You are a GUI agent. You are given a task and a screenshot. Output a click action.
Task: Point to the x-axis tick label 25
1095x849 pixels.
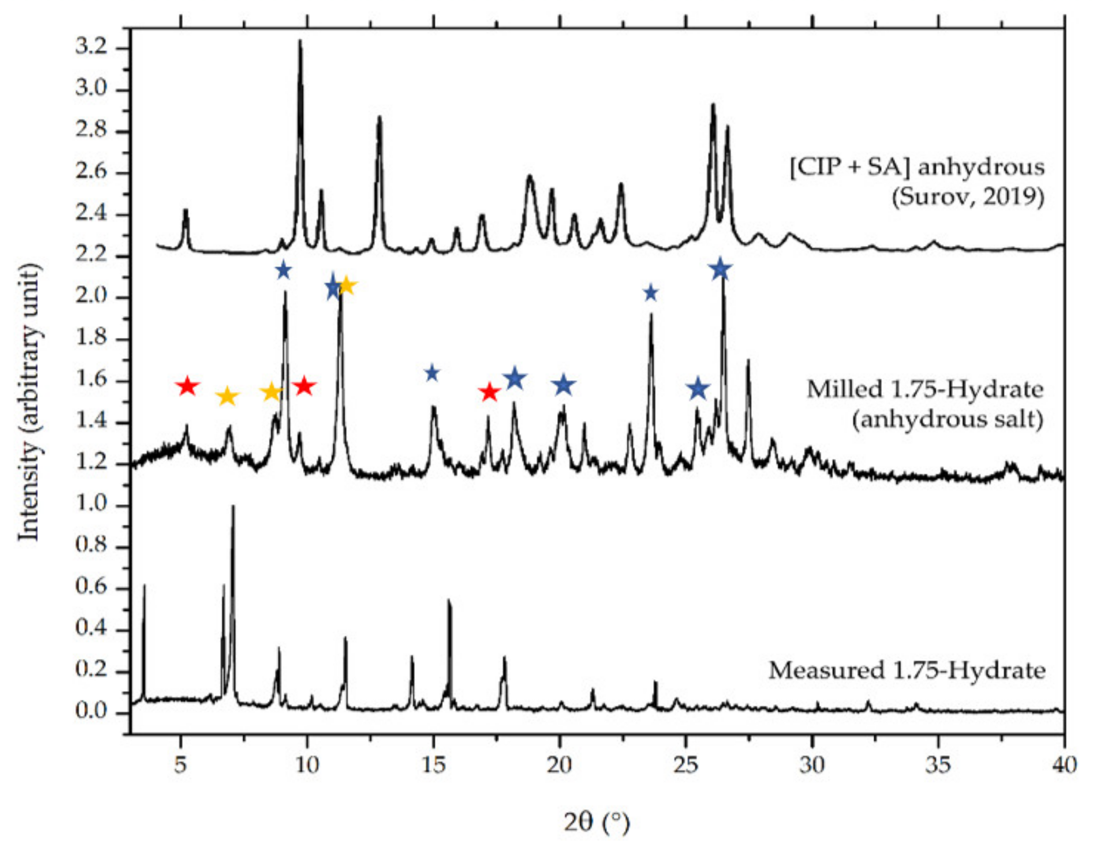[685, 766]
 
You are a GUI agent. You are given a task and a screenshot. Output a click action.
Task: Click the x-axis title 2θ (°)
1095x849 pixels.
[596, 823]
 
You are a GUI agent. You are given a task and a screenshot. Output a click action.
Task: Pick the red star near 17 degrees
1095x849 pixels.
[490, 392]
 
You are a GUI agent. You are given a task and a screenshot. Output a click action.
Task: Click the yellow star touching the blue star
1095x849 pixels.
[347, 287]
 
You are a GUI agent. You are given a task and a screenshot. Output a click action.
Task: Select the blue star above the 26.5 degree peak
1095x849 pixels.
[721, 269]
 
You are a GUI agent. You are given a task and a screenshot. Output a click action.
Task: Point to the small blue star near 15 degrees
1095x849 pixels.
[432, 373]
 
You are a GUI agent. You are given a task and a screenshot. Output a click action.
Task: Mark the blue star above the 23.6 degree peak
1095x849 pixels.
[651, 293]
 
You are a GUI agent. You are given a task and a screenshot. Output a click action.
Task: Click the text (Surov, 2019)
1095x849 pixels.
[968, 197]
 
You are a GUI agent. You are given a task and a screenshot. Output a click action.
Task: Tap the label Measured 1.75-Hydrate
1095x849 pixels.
[908, 671]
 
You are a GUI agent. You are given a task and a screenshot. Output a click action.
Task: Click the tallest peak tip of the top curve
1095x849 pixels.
[300, 41]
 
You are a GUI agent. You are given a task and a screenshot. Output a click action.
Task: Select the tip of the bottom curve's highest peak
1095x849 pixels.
[233, 506]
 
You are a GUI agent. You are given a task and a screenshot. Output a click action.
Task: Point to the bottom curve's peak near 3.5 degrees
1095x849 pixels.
[144, 586]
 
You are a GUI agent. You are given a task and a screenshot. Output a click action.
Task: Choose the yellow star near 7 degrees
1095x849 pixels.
[227, 396]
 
